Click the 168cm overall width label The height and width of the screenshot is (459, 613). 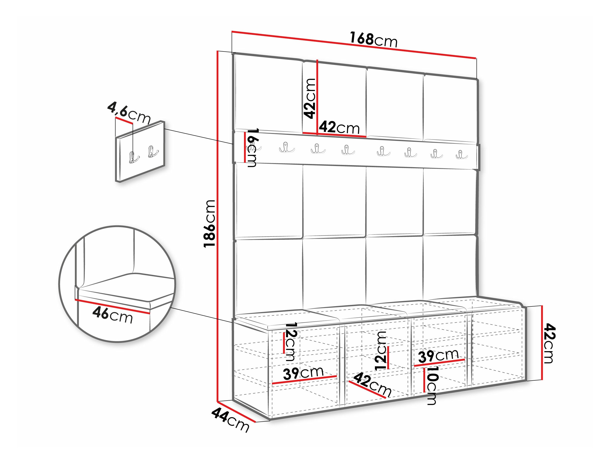pos(373,40)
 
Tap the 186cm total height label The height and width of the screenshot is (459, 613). pos(210,223)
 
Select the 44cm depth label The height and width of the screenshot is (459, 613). pos(230,420)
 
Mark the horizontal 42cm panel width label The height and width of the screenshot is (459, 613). pos(339,128)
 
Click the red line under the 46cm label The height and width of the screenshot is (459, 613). pos(112,306)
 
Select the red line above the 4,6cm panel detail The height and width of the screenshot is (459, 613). pos(124,120)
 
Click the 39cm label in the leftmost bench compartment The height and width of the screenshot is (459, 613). pos(303,373)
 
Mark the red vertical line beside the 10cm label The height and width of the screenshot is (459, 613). pos(424,380)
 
